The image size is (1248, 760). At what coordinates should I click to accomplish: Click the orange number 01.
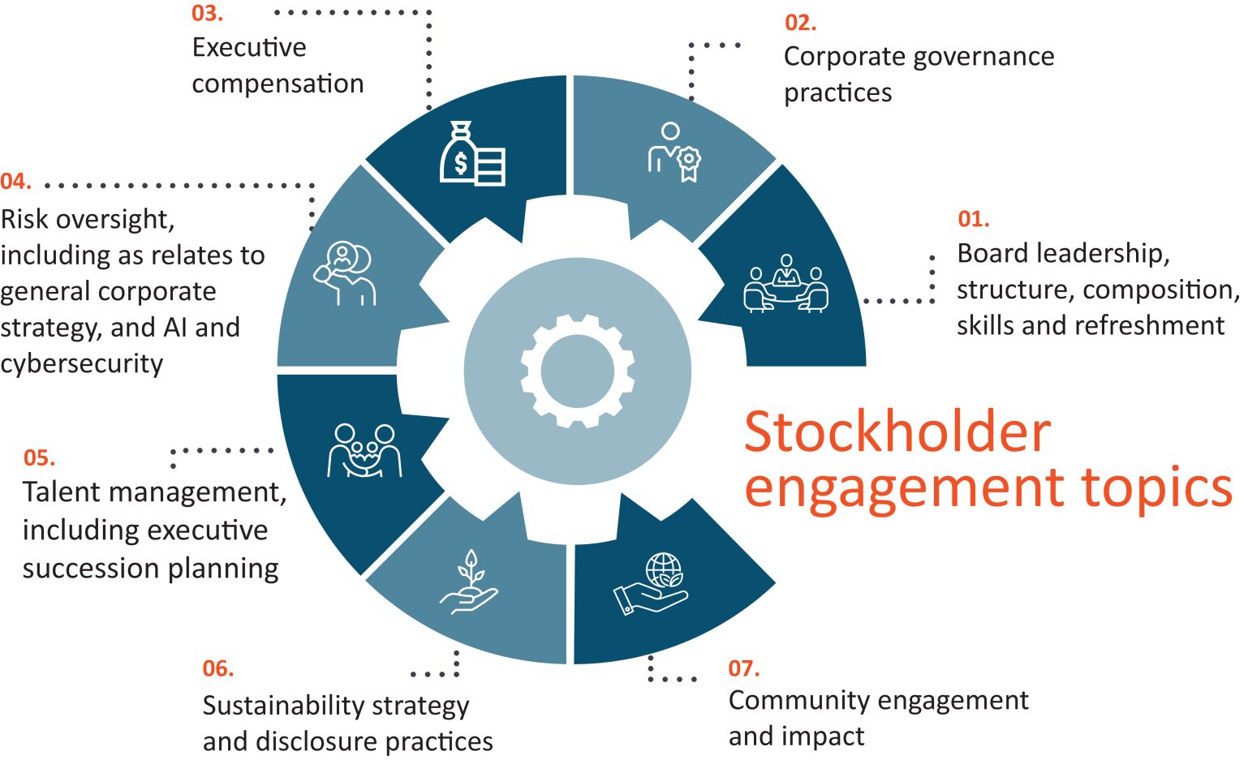click(974, 219)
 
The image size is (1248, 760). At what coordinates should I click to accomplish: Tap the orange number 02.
click(801, 22)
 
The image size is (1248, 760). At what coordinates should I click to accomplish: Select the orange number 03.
click(207, 13)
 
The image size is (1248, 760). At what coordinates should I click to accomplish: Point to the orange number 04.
click(15, 182)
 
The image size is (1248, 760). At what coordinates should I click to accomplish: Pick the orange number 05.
click(39, 457)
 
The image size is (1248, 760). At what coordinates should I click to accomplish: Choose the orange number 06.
click(217, 668)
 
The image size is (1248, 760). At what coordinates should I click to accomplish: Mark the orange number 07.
click(744, 668)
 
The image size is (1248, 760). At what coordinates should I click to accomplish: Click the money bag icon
click(472, 153)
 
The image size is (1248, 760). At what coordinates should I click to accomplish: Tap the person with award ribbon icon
click(674, 152)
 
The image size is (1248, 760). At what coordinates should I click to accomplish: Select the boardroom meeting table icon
click(786, 283)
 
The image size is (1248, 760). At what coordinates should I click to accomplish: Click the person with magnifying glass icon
click(344, 273)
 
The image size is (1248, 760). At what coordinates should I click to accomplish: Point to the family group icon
click(364, 450)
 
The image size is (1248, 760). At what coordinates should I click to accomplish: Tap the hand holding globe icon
click(651, 584)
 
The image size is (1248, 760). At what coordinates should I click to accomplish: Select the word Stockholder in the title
click(897, 432)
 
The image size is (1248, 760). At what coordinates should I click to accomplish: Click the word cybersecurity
click(81, 363)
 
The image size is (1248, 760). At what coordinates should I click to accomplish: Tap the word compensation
click(278, 84)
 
